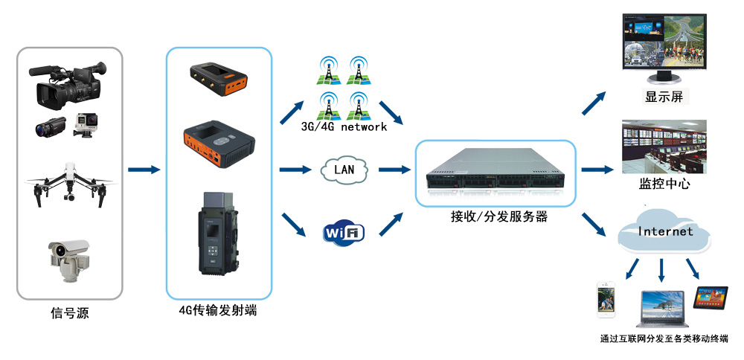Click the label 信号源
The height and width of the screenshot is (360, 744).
pyautogui.click(x=70, y=313)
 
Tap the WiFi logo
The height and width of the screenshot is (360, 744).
pyautogui.click(x=343, y=233)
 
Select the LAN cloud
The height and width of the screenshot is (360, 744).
pyautogui.click(x=344, y=170)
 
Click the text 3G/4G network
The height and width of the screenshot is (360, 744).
pyautogui.click(x=344, y=127)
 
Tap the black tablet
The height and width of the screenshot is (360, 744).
pyautogui.click(x=710, y=297)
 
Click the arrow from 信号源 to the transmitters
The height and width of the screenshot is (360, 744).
pyautogui.click(x=144, y=170)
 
